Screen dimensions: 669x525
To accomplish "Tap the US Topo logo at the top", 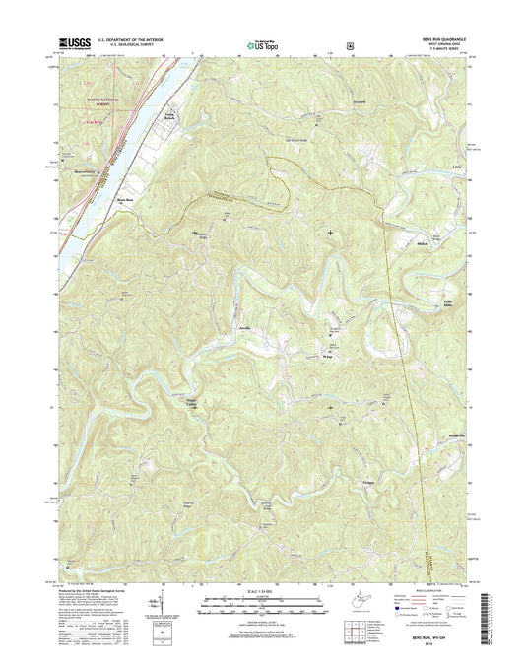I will coord(258,43).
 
